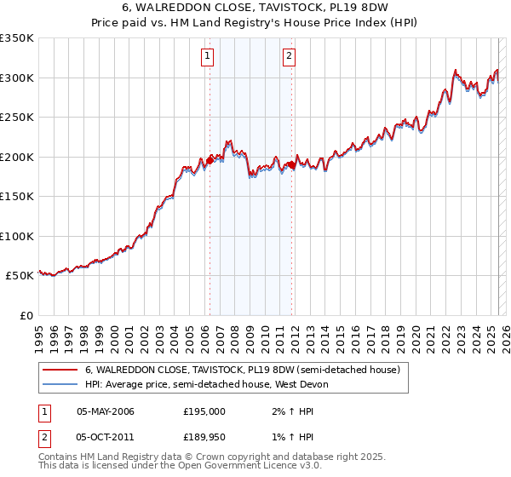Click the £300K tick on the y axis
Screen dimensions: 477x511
pos(16,78)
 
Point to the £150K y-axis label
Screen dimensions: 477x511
pos(16,197)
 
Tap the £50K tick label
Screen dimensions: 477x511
pos(20,276)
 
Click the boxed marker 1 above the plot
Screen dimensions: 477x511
pos(208,57)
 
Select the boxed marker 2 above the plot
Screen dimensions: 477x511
pos(290,57)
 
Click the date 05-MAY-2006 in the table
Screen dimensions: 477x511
pos(106,411)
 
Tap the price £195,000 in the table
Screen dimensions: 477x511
pos(204,411)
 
